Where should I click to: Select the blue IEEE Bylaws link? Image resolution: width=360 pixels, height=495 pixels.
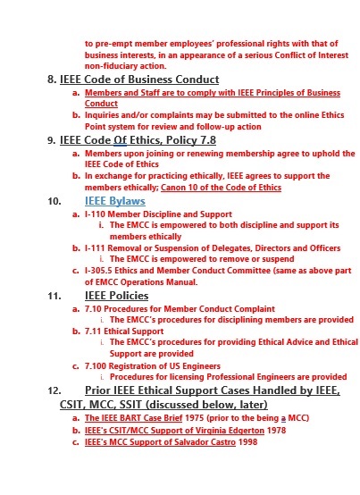(x=120, y=202)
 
